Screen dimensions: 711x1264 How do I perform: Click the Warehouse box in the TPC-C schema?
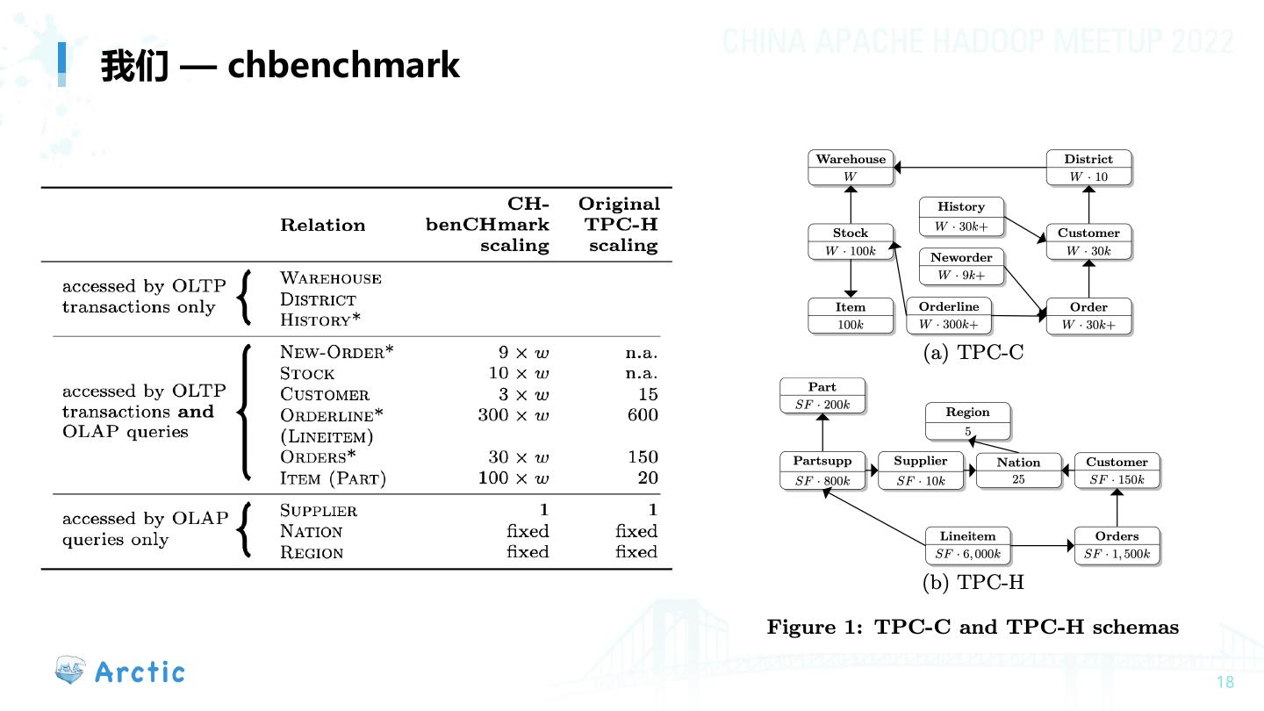[851, 168]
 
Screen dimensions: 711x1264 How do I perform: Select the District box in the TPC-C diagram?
[1088, 168]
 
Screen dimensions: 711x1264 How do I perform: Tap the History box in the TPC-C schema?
[961, 216]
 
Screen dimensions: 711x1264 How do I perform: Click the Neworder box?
[961, 266]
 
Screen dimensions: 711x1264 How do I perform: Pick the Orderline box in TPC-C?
[949, 316]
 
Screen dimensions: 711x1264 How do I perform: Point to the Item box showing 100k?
[851, 316]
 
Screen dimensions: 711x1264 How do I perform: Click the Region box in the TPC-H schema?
[968, 421]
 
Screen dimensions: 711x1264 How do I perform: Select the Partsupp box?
[822, 470]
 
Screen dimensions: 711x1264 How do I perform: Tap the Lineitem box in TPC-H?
[968, 545]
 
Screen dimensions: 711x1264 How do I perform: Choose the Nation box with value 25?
[1018, 470]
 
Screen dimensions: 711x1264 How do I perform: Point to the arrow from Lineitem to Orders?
[1041, 546]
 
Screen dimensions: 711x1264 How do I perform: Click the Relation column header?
[322, 225]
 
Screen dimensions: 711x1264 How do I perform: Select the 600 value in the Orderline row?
[643, 414]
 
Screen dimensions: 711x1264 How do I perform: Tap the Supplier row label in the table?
[318, 510]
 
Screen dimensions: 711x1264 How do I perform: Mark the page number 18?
[1225, 683]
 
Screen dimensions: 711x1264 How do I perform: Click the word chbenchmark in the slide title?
[343, 65]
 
